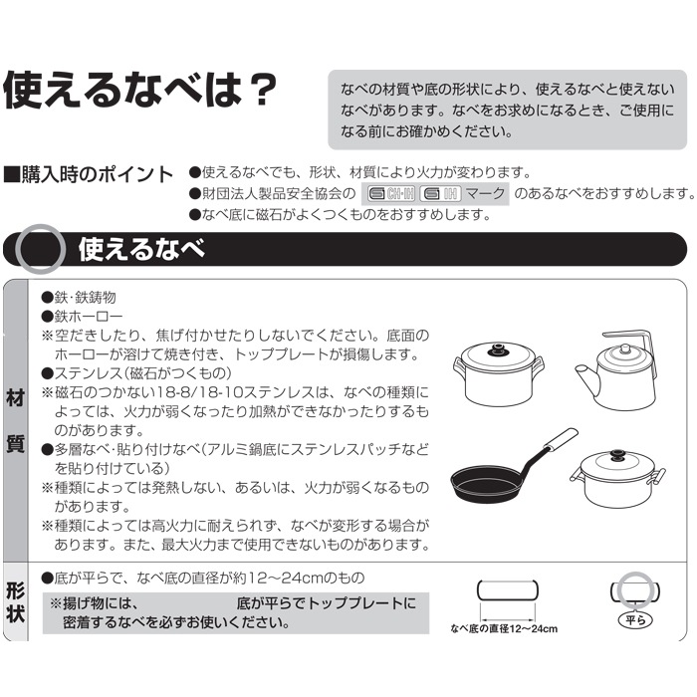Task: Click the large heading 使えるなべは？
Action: [140, 91]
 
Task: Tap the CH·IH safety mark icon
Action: [391, 194]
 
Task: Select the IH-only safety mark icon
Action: [440, 194]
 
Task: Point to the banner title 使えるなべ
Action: [141, 249]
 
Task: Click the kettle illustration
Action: [616, 369]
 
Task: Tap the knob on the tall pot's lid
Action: [499, 349]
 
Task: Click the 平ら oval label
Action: [635, 619]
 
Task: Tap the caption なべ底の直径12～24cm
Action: [504, 628]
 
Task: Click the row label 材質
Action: [16, 420]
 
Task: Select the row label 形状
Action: [16, 601]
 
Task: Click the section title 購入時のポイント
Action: [89, 174]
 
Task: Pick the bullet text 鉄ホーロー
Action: [82, 316]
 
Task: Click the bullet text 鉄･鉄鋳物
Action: [79, 297]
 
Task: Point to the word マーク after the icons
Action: [486, 193]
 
